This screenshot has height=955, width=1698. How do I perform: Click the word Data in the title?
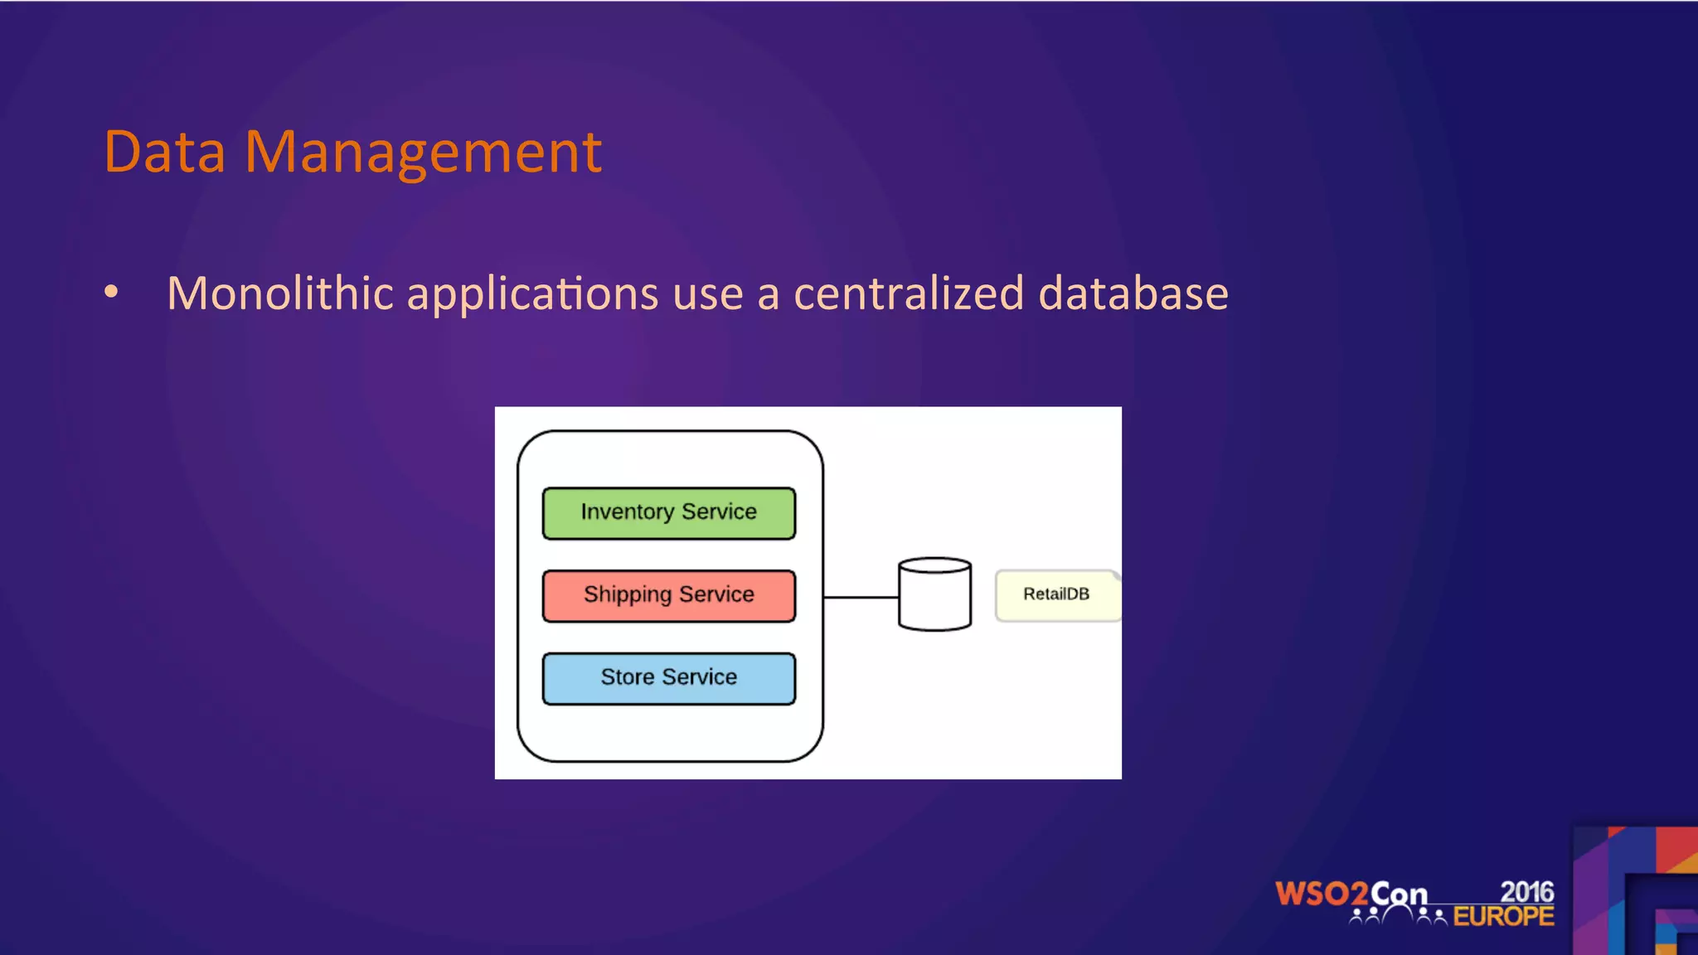click(165, 153)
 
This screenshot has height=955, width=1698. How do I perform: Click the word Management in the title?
click(423, 153)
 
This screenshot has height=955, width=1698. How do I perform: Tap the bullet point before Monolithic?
click(111, 292)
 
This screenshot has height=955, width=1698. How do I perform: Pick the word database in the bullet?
click(1133, 293)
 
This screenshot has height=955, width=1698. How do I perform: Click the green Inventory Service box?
click(668, 513)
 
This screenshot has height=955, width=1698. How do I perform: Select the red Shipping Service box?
click(668, 595)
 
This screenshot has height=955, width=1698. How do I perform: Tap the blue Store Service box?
click(668, 678)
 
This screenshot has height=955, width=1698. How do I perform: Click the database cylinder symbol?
click(934, 595)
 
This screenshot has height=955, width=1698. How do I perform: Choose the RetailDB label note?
click(1056, 594)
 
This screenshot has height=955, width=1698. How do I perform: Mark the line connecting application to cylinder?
click(861, 597)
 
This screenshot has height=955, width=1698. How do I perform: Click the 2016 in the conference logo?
click(1526, 891)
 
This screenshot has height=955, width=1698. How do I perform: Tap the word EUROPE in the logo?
click(1503, 916)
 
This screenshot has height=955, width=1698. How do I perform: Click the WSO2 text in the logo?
click(1321, 894)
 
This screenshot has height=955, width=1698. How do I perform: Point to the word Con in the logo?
click(1399, 894)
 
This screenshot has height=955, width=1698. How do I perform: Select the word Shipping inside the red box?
click(627, 595)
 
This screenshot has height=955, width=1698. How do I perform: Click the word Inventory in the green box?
click(627, 512)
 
